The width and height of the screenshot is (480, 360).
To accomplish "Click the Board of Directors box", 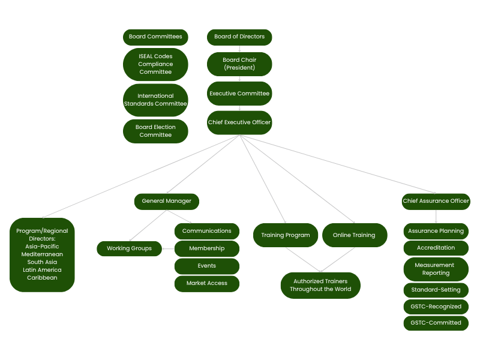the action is tap(239, 37).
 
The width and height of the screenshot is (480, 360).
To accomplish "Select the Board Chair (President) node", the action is tap(239, 64).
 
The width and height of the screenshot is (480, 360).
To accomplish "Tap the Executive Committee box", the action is tap(239, 94).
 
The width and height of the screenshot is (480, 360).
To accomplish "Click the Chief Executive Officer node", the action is tap(239, 122).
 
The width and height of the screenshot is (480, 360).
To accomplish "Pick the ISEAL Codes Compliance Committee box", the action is tap(155, 64).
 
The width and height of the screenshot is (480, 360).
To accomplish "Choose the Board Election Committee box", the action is tap(155, 131).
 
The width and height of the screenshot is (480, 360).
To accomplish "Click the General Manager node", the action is tap(167, 202).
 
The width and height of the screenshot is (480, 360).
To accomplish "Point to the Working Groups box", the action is tap(129, 248).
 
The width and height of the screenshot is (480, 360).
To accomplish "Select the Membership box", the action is tap(207, 248).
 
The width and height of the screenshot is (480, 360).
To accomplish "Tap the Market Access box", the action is tap(207, 284).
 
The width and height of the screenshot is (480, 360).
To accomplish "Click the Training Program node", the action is tap(286, 235).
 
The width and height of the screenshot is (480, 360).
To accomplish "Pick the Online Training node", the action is tap(355, 235).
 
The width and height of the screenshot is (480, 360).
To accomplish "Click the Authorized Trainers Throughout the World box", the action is tap(320, 286).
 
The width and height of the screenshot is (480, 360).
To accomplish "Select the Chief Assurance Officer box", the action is tap(436, 202).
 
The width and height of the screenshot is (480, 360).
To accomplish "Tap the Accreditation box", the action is tap(436, 248).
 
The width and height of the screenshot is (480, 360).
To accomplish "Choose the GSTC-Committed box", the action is tap(436, 323).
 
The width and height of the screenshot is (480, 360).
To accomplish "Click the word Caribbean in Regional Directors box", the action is tap(42, 278).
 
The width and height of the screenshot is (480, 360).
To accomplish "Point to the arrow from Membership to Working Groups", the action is tap(168, 248).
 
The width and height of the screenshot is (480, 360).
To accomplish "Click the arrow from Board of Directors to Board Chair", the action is tap(239, 49).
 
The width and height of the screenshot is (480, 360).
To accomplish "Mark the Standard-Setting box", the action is tap(436, 290).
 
